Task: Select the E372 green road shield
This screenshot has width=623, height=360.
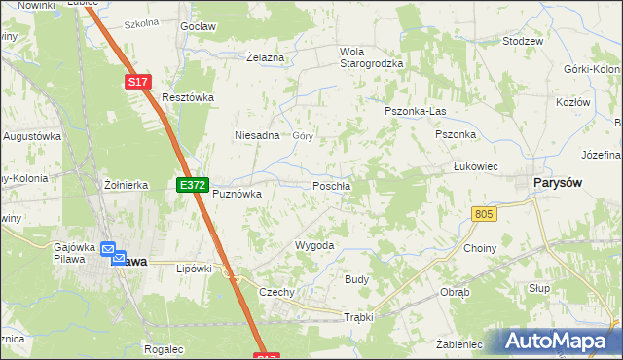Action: (192, 184)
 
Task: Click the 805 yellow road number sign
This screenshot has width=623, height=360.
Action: (483, 214)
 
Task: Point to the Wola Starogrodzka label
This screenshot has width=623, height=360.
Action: (371, 57)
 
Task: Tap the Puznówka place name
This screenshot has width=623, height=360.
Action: (238, 194)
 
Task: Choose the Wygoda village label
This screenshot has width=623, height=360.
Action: (314, 245)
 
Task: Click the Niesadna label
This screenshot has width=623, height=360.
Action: (257, 136)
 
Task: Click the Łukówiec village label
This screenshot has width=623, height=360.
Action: (476, 166)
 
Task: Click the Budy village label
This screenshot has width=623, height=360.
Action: (356, 279)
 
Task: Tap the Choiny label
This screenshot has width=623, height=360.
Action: (480, 248)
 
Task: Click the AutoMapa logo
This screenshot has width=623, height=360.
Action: (557, 342)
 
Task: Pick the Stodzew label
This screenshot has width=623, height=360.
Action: (522, 42)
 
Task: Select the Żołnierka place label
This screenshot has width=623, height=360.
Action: (126, 184)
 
